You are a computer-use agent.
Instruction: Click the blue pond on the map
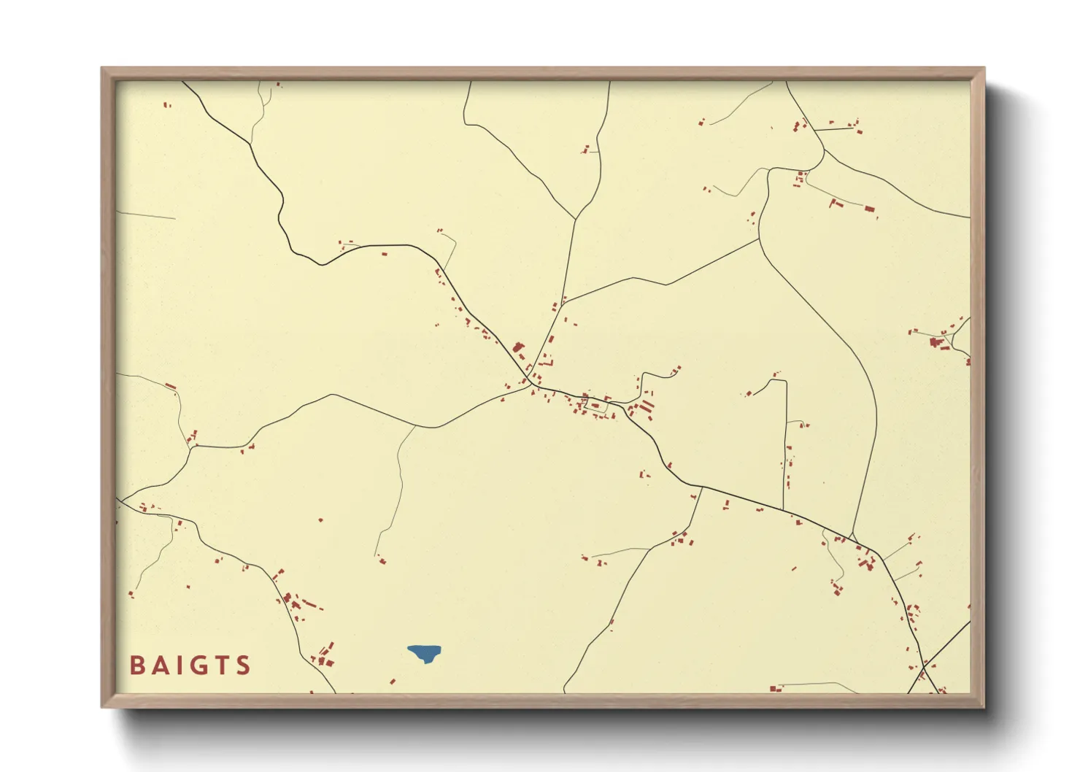425,652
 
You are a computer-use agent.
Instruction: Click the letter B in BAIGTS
137,665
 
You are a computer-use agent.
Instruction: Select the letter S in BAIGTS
244,665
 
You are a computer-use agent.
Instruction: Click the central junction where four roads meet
528,384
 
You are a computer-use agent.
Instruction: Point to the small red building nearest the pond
393,682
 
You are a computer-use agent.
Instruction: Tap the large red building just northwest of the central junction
519,348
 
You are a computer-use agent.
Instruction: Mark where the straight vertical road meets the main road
783,510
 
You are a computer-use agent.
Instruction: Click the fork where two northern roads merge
576,219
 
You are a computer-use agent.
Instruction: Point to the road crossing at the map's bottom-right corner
924,665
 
